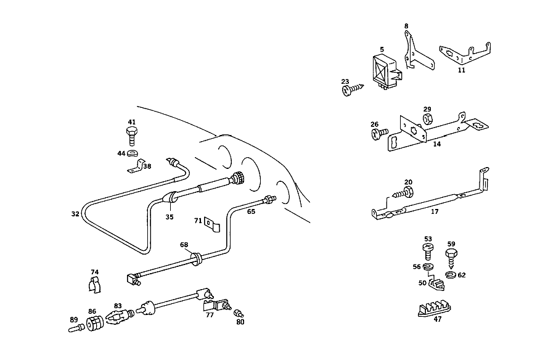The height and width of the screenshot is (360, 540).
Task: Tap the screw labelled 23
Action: coord(353,89)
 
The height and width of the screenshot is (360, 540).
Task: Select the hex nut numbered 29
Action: coord(427,119)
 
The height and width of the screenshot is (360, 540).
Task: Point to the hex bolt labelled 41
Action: coord(131,136)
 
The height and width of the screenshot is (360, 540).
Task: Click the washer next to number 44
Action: coord(133,153)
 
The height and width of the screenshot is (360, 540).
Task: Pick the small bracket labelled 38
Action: coord(137,166)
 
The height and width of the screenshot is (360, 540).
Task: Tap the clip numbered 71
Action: coord(212,224)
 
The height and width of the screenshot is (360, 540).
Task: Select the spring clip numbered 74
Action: coord(95,285)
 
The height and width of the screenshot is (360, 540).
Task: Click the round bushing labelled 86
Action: coord(95,324)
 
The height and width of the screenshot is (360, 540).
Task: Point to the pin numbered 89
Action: coord(76,329)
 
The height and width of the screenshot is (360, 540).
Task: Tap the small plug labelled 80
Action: coord(239,314)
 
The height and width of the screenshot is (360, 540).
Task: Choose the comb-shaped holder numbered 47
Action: coord(435,309)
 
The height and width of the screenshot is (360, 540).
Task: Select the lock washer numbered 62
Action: coord(451,274)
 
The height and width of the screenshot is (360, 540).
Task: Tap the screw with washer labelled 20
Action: coord(403,193)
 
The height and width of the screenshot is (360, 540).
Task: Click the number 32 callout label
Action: coord(75,214)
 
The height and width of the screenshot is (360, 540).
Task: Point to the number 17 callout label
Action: coord(435,211)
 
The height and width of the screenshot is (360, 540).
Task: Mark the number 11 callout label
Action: coord(462,70)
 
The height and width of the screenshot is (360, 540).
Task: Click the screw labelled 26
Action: coord(380,133)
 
